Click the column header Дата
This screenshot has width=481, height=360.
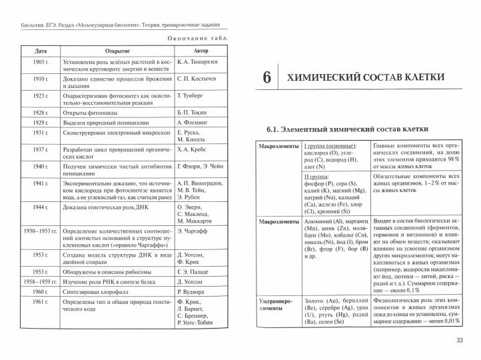coord(41,51)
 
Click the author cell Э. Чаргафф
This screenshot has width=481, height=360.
coord(193,231)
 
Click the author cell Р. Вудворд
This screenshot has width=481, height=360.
coord(193,292)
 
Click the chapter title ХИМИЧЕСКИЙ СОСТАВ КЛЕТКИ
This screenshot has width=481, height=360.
coord(366,77)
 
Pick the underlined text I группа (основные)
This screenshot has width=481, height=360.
coord(330,146)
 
